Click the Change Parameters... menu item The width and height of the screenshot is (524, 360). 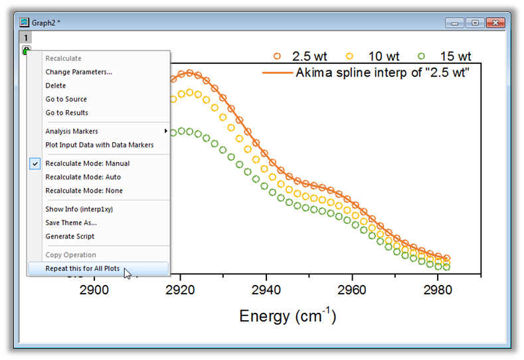(x=78, y=72)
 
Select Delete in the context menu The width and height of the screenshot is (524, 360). (x=56, y=86)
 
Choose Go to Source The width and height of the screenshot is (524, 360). (x=66, y=99)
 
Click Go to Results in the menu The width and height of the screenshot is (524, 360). (x=66, y=113)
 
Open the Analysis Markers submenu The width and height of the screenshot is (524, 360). (x=72, y=132)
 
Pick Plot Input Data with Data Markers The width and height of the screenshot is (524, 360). (x=99, y=145)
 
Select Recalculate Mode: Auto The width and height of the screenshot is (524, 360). (x=83, y=177)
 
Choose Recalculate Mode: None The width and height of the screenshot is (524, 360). (x=84, y=191)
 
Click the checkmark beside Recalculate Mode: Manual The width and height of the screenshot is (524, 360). (x=35, y=163)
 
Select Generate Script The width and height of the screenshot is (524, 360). (x=70, y=236)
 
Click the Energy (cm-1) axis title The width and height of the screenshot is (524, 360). (x=288, y=315)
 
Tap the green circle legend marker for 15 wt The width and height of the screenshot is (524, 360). (x=422, y=56)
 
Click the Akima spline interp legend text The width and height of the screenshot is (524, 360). (x=383, y=72)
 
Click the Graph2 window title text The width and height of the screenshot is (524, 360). (x=46, y=23)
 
